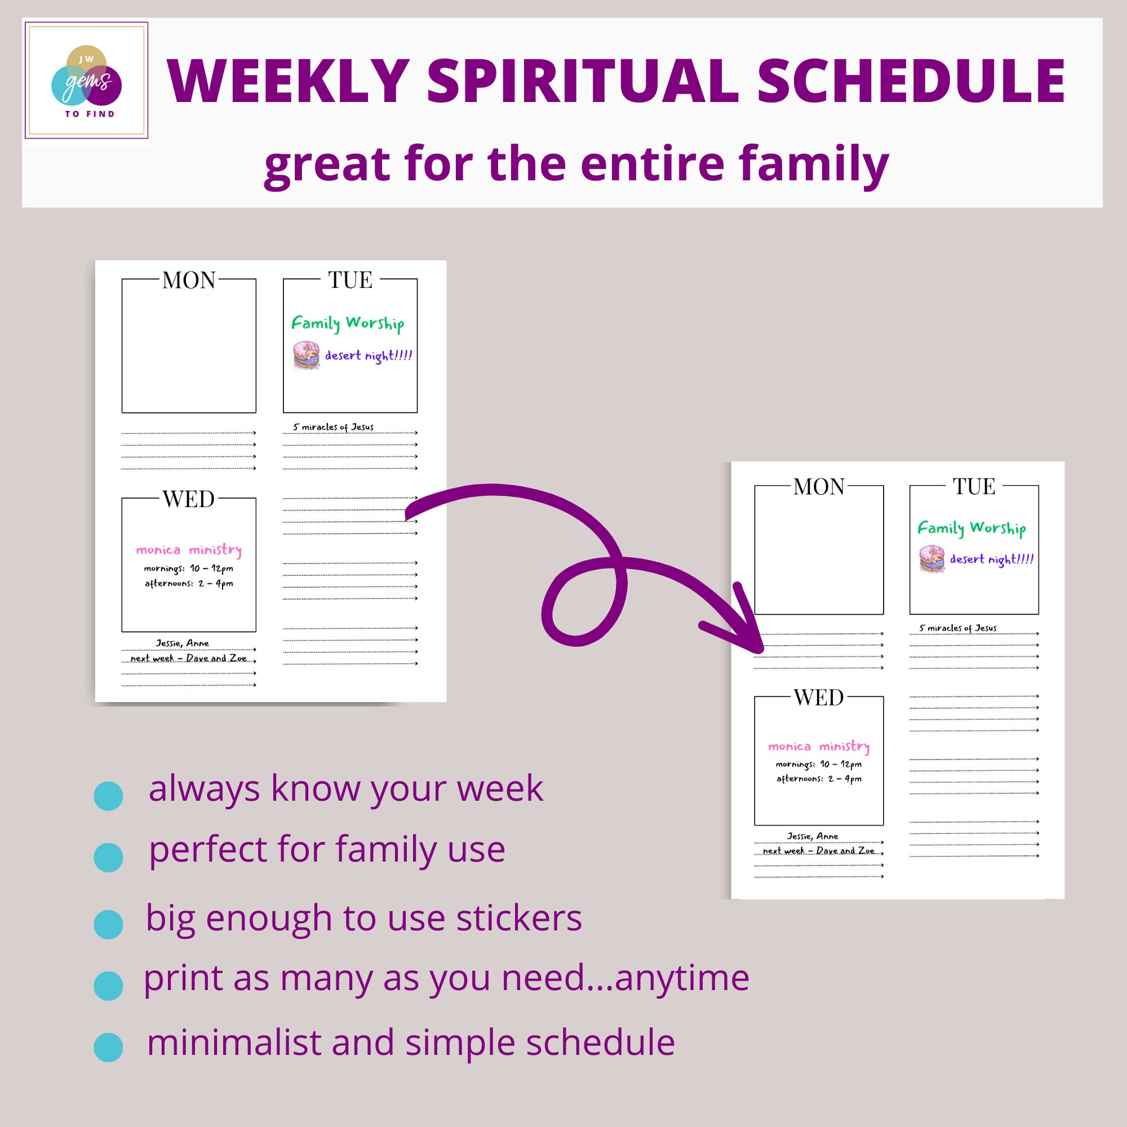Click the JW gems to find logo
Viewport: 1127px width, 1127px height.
pyautogui.click(x=86, y=81)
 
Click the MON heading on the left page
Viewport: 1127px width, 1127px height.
pyautogui.click(x=188, y=281)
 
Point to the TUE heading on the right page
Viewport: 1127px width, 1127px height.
pyautogui.click(x=974, y=486)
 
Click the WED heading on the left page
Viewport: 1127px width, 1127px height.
pyautogui.click(x=188, y=499)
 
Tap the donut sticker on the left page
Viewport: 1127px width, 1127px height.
pyautogui.click(x=306, y=355)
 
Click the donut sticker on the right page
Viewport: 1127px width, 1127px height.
pyautogui.click(x=931, y=559)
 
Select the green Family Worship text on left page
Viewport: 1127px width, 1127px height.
pyautogui.click(x=348, y=323)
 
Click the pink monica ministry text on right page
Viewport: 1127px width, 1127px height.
pyautogui.click(x=818, y=747)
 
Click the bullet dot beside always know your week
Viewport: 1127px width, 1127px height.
pyautogui.click(x=109, y=796)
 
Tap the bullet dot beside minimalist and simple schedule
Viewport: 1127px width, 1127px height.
pyautogui.click(x=109, y=1046)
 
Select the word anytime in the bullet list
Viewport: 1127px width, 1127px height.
pyautogui.click(x=681, y=978)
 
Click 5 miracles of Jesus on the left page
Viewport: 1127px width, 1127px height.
pyautogui.click(x=333, y=427)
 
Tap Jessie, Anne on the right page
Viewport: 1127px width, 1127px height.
pyautogui.click(x=812, y=836)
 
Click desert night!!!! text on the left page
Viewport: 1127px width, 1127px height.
pyautogui.click(x=368, y=356)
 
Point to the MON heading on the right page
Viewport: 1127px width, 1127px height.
pyautogui.click(x=818, y=487)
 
